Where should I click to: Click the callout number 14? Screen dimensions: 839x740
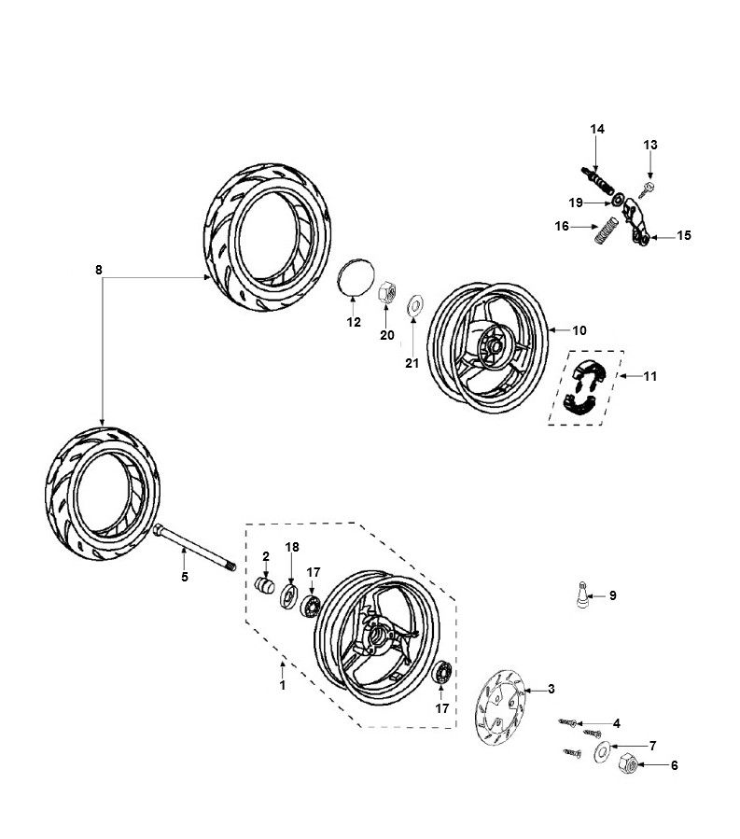pos(597,129)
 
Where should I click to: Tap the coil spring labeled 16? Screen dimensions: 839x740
pos(607,231)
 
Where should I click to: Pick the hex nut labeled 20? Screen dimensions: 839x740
pos(388,289)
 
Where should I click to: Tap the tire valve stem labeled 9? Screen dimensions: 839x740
pos(582,594)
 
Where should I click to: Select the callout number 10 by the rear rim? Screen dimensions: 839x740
pos(579,329)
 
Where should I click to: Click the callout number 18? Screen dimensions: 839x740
pos(292,547)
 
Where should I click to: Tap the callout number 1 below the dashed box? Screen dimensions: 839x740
pos(282,686)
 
